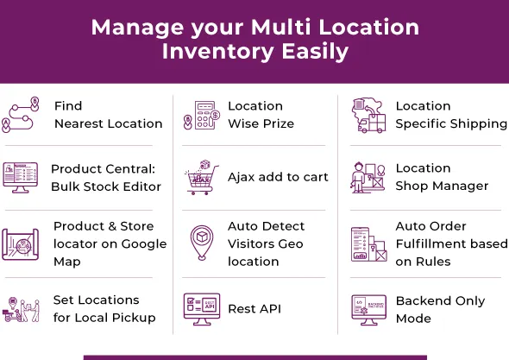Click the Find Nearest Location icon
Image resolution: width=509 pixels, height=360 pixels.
[x=21, y=115]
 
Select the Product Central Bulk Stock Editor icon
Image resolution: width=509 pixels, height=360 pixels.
[x=21, y=177]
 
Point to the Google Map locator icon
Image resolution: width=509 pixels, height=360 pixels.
[x=21, y=243]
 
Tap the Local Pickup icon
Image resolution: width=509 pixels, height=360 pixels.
[x=21, y=309]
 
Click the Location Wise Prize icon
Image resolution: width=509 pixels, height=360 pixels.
[x=198, y=115]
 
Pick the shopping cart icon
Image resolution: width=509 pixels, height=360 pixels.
[x=198, y=178]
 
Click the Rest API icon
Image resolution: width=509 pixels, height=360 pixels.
[x=198, y=308]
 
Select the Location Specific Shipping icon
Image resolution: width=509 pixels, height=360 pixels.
[x=368, y=115]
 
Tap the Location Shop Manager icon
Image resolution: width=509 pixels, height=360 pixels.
[x=368, y=177]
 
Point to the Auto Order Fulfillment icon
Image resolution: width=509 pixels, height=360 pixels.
[x=368, y=243]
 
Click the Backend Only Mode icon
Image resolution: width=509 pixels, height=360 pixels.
[x=368, y=309]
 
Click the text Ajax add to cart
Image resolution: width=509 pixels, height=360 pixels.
[x=278, y=178]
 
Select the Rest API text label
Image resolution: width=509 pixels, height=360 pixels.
[x=255, y=309]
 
